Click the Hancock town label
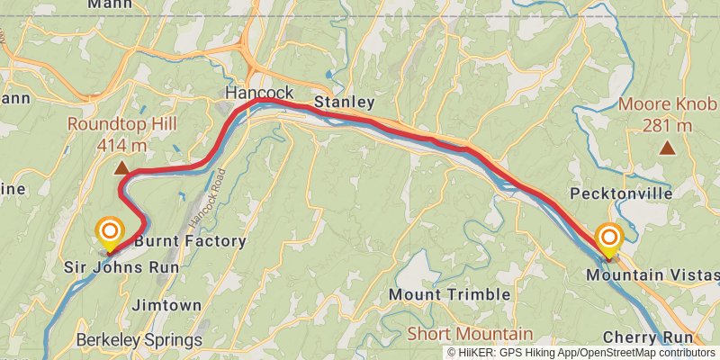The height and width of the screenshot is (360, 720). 259,93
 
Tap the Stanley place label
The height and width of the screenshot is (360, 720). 344,103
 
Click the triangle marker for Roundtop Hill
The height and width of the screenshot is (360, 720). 121,166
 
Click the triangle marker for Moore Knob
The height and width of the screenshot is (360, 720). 667,148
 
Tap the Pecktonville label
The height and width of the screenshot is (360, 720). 621,193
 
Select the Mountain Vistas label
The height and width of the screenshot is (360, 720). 652,274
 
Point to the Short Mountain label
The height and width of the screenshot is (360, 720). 470,333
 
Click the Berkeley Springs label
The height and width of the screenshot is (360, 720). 139,340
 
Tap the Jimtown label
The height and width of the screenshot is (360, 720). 166,305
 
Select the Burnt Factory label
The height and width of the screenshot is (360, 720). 190,241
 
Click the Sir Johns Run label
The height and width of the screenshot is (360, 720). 121,267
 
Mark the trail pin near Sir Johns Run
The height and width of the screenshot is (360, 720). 109,233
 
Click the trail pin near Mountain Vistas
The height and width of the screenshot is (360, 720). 609,238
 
